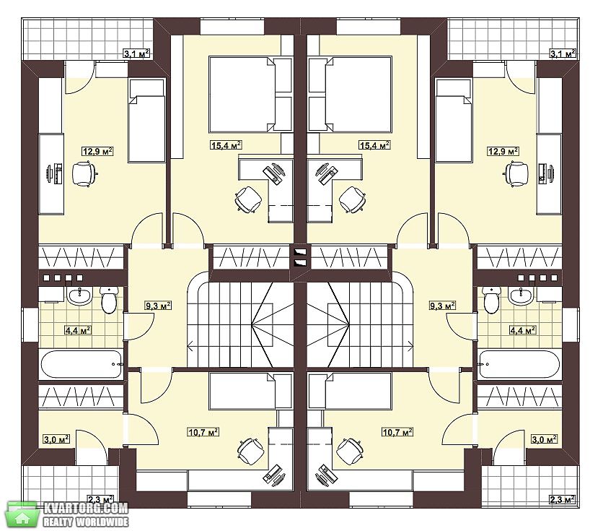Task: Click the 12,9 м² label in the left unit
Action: (x=97, y=151)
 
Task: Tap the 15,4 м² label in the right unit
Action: (x=374, y=145)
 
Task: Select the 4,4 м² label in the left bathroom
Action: (x=78, y=330)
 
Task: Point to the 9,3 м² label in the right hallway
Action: (x=443, y=306)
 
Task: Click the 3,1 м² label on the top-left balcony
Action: (x=136, y=53)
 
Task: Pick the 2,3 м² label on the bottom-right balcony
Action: (x=563, y=500)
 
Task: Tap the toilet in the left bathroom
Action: (x=109, y=300)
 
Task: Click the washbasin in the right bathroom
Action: (x=521, y=295)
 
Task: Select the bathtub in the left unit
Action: (x=81, y=364)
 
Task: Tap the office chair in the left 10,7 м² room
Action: (x=251, y=452)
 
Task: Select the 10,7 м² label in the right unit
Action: (x=397, y=432)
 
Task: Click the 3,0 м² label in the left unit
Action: (x=56, y=439)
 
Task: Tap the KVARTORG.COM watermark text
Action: (x=86, y=509)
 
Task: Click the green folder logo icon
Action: (x=22, y=514)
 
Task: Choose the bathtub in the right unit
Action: (x=519, y=364)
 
